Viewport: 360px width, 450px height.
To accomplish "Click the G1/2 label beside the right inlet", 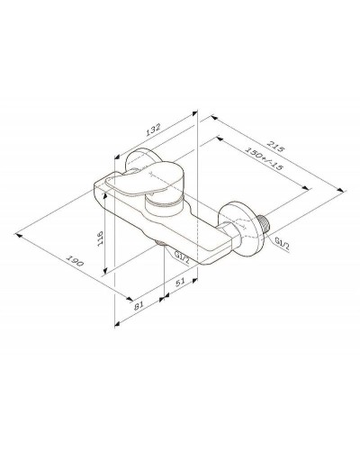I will [283, 243].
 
